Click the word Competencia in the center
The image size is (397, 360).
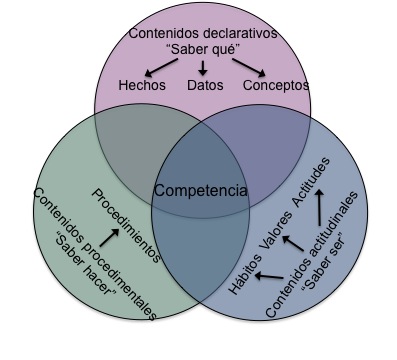pos(201,191)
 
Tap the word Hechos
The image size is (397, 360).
pos(142,85)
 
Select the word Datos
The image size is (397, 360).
pos(205,85)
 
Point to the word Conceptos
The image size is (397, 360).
pos(276,85)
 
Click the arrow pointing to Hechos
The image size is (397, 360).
pos(161,67)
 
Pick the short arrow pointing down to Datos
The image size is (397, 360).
pos(203,68)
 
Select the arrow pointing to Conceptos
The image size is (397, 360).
pos(249,67)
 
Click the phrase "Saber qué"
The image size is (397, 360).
pos(203,50)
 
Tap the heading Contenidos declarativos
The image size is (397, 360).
pos(203,33)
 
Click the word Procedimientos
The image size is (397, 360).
pos(126,226)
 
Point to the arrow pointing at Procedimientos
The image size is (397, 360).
pos(109,237)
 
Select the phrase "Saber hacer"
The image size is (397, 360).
pos(85,263)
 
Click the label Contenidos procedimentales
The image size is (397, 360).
pos(95,254)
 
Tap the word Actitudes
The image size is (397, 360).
pos(311,181)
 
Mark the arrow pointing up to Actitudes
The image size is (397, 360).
pos(320,207)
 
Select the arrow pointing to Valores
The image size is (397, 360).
pos(293,243)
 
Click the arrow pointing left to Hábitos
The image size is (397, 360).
pos(269,276)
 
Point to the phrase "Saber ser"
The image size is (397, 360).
pos(323,266)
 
